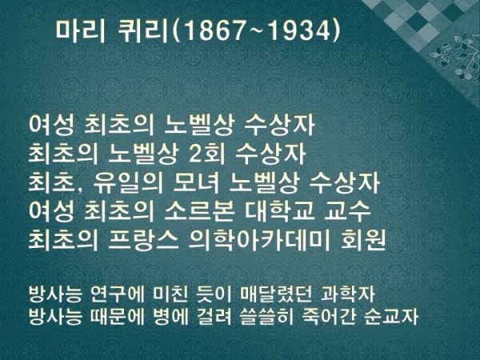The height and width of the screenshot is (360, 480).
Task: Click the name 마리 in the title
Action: [80, 31]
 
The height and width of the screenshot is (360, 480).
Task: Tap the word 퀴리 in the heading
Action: [143, 31]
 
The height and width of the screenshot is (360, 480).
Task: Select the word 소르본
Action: [199, 211]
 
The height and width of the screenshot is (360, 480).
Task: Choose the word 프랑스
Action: [144, 240]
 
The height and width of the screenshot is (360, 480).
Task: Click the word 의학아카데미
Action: [259, 240]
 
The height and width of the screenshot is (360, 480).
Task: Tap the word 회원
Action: [362, 240]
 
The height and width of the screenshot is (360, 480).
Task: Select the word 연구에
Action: [118, 294]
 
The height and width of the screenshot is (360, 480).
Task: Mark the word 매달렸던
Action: [276, 294]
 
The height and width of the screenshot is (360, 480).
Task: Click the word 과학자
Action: [348, 294]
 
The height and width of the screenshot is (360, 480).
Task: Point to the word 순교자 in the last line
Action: [391, 317]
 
